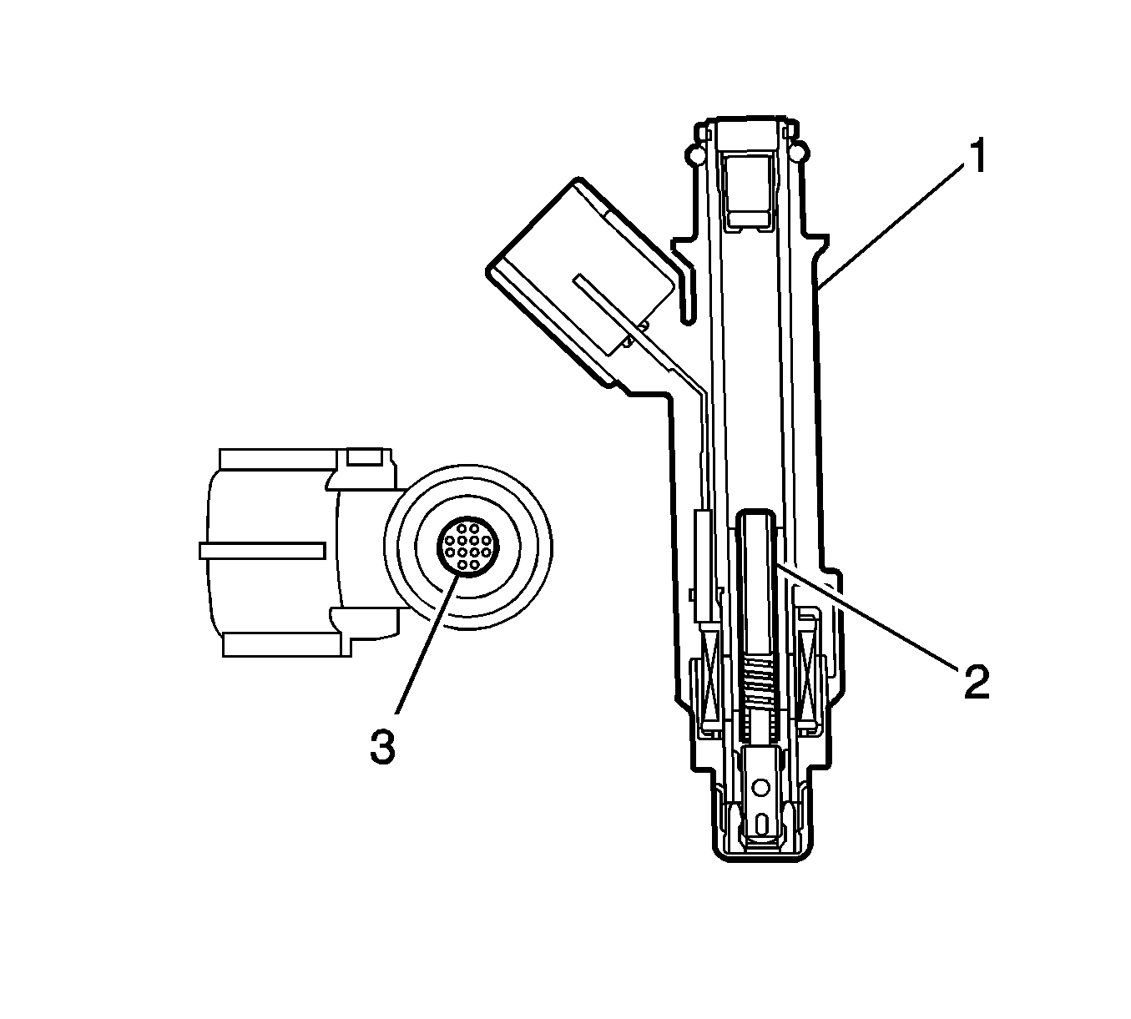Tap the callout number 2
pos(977,682)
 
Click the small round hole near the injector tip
pos(762,786)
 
